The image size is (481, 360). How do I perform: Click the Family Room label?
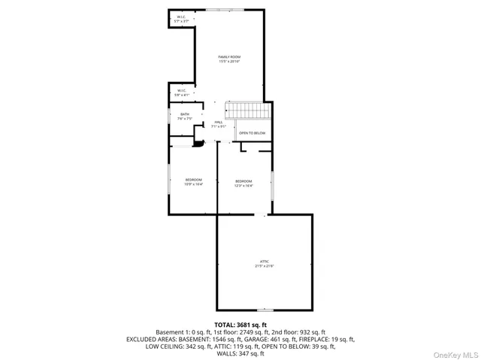[229, 59]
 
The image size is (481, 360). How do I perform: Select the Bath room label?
[185, 116]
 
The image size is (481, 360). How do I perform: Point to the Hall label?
[219, 124]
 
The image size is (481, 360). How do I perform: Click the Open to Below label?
[252, 133]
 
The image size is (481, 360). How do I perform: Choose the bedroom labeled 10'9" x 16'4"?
[194, 181]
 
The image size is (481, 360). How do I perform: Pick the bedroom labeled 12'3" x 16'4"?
[244, 183]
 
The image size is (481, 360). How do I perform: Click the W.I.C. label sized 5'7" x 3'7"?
[181, 19]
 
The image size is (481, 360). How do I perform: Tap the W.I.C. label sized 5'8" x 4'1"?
[181, 92]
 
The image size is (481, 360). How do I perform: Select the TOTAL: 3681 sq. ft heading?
[240, 323]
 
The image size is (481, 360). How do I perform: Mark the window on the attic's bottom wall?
[265, 310]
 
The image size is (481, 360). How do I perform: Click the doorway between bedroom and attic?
[264, 215]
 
